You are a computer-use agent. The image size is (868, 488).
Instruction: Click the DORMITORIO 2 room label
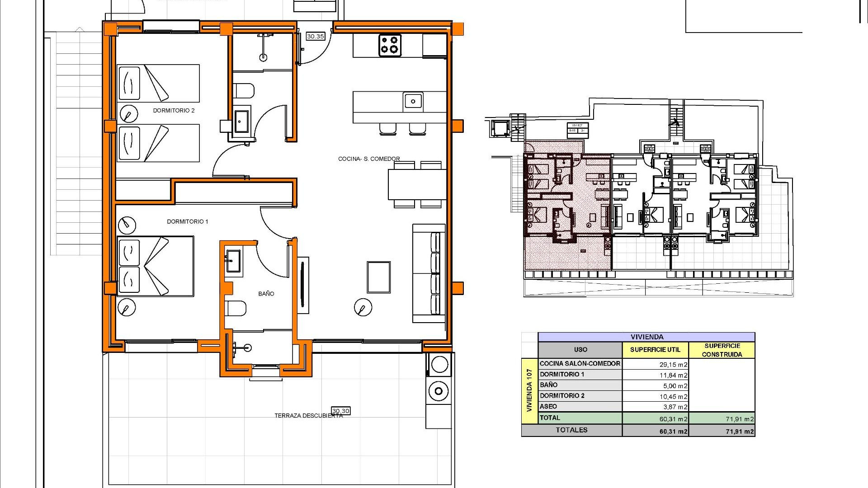tap(174, 111)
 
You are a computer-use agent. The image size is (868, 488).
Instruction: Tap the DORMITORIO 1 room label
tap(187, 221)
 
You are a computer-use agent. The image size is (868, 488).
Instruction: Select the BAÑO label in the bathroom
tap(266, 294)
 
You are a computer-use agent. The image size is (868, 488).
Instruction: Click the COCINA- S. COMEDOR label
tap(369, 159)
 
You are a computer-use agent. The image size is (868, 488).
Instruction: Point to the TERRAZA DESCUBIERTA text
tap(308, 416)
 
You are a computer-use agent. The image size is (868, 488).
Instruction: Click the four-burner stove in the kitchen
tap(390, 45)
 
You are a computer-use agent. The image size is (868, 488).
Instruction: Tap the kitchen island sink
tap(413, 101)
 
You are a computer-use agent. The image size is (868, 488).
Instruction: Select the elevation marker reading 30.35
tap(315, 36)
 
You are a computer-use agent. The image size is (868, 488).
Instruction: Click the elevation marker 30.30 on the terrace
tap(340, 411)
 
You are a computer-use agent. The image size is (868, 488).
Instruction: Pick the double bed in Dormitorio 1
tap(156, 266)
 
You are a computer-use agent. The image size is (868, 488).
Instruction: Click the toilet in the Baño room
tap(236, 309)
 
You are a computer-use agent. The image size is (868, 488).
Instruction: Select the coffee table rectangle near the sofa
tap(379, 277)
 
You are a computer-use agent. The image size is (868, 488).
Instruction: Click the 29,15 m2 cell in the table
tap(673, 364)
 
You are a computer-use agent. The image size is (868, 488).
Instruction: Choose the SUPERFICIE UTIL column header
tap(655, 350)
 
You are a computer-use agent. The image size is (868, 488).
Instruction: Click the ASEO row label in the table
tap(548, 406)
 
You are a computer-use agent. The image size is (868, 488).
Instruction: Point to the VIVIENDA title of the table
tap(647, 337)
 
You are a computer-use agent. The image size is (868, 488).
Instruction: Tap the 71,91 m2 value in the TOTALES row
tap(740, 432)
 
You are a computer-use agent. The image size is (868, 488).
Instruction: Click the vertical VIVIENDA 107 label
tap(529, 390)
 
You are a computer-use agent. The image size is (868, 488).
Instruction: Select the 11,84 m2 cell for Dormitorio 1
tap(673, 375)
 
